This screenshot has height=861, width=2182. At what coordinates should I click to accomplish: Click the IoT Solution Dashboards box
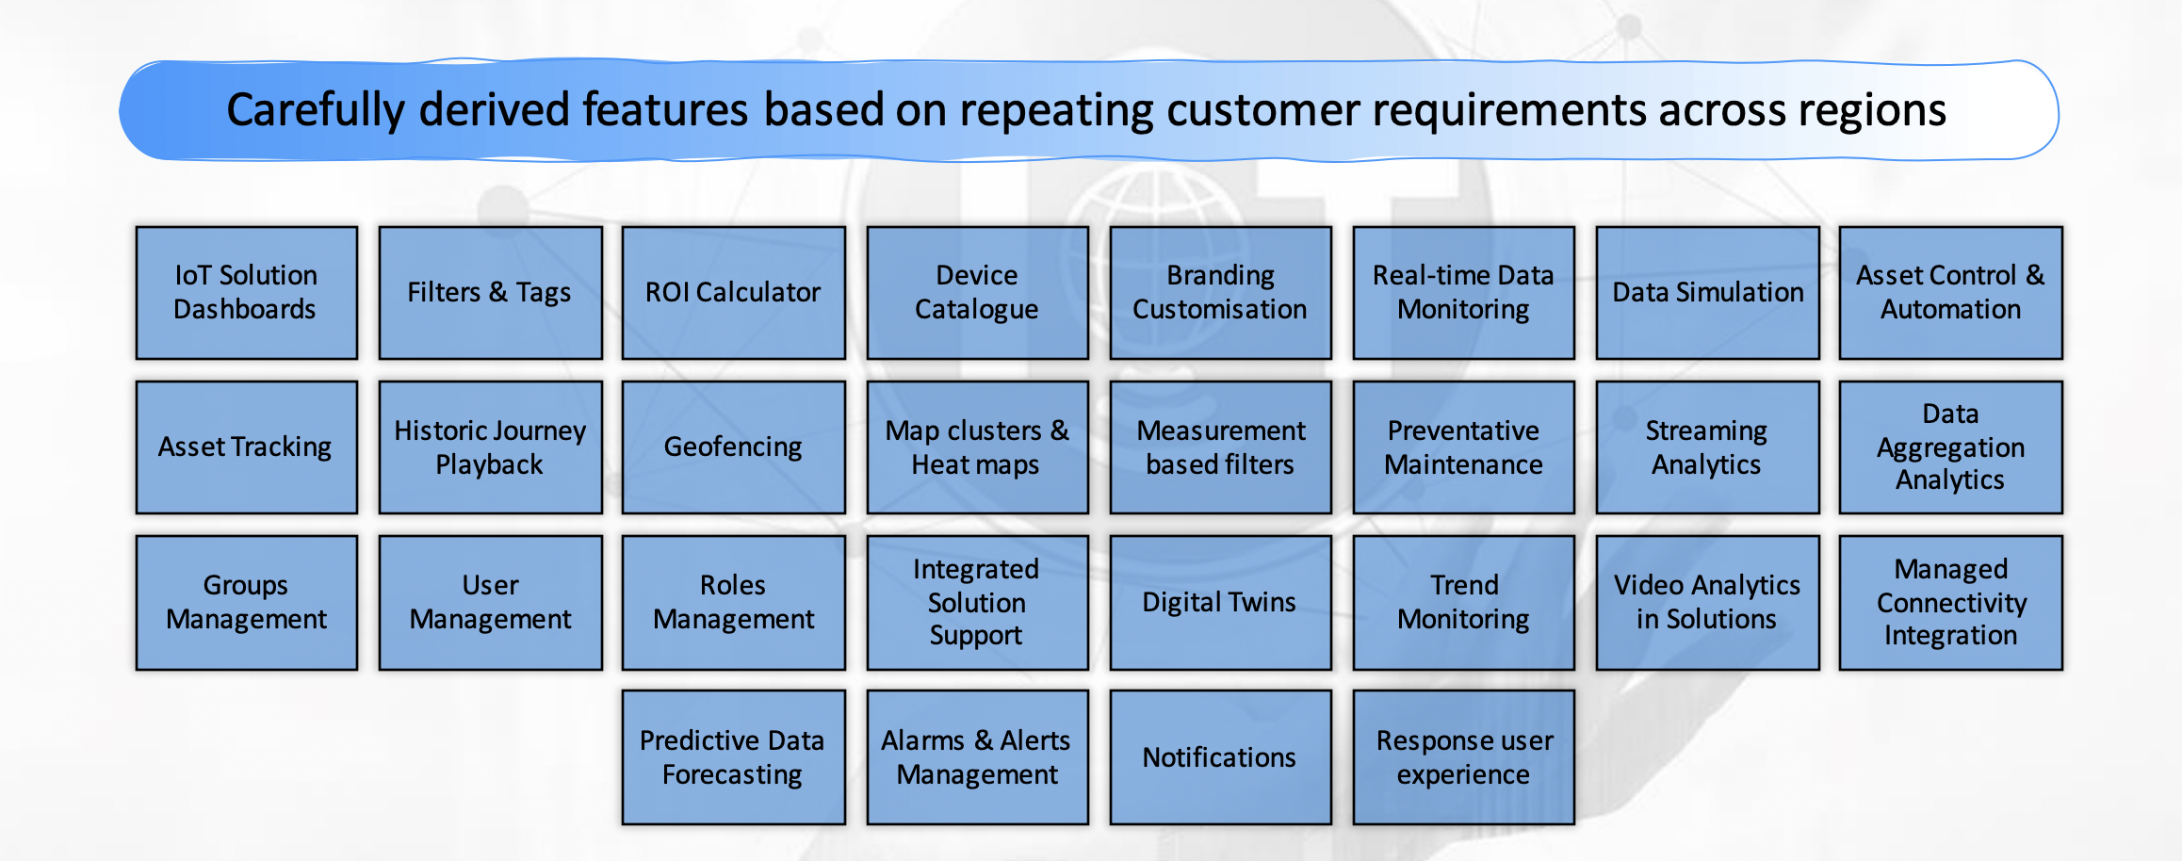click(x=246, y=292)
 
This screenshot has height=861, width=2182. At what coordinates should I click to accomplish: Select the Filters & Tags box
click(x=490, y=292)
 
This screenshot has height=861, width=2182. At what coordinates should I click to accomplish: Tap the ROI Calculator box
click(x=733, y=292)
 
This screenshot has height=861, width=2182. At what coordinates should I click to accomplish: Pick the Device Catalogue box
click(x=977, y=292)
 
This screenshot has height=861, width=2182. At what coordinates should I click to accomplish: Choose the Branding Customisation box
click(x=1220, y=292)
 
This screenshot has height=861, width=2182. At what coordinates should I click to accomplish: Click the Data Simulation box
click(x=1707, y=292)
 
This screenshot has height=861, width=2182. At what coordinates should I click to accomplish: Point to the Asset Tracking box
click(x=246, y=447)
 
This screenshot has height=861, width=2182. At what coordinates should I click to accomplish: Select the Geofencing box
click(x=733, y=447)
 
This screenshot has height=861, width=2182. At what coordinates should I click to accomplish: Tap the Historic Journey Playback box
click(x=490, y=447)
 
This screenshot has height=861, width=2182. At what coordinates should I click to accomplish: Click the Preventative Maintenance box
click(x=1463, y=447)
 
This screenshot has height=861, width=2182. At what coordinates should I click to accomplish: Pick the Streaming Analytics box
click(x=1707, y=447)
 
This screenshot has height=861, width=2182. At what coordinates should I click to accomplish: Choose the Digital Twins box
click(x=1220, y=603)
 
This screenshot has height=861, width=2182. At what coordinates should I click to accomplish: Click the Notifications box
click(x=1220, y=757)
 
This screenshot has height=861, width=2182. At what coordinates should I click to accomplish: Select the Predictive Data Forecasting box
click(x=733, y=757)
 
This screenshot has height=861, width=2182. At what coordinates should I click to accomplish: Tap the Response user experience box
click(x=1463, y=757)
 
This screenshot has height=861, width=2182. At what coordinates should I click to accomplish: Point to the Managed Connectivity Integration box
click(x=1950, y=603)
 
